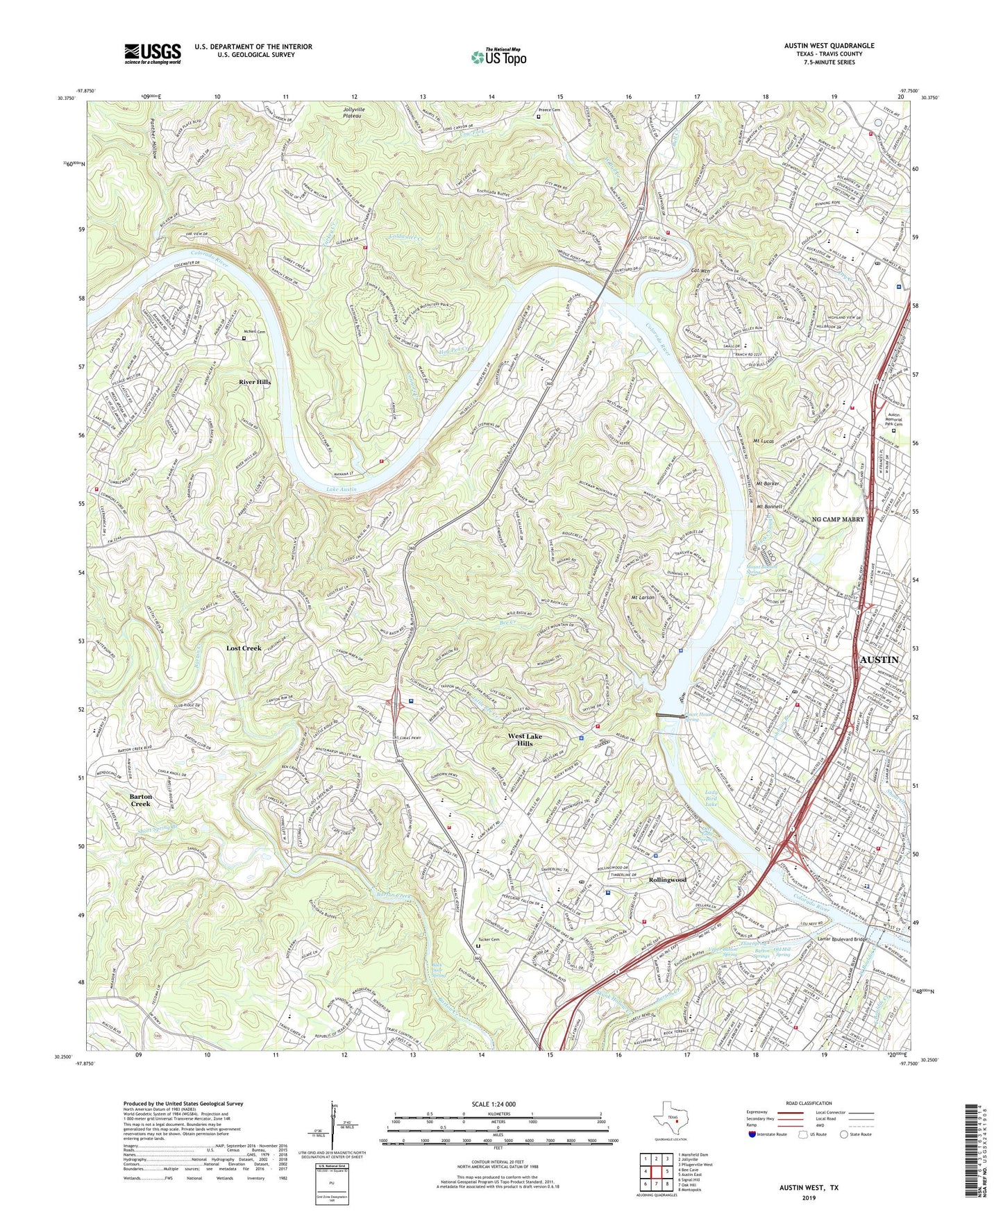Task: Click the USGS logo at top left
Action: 153,53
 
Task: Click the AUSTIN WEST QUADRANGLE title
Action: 829,46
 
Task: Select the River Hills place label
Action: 255,382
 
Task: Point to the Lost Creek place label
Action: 244,648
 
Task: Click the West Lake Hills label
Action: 525,739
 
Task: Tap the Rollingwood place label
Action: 667,879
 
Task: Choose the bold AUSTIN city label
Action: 879,659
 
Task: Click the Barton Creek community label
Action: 140,800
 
